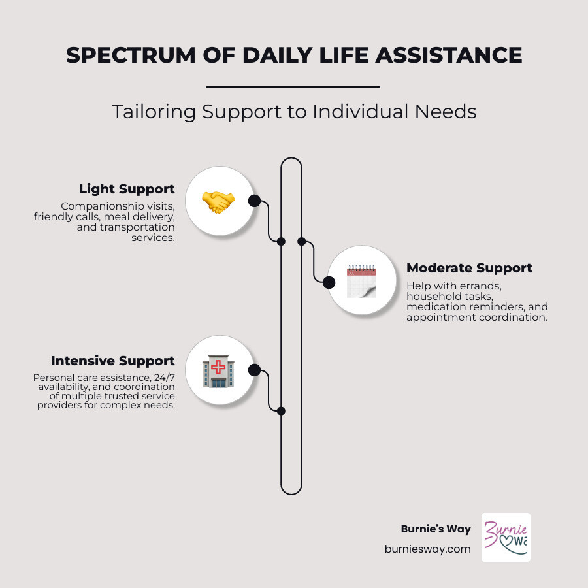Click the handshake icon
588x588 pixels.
coord(218,201)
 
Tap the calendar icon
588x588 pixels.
coord(361,281)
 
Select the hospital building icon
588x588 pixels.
coord(218,371)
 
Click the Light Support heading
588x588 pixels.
coord(127,189)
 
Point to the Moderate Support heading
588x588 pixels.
coord(469,268)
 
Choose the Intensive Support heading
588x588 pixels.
coord(113,361)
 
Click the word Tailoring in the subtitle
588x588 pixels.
coord(153,111)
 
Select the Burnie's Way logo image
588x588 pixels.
coord(506,537)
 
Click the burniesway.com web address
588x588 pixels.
coord(427,549)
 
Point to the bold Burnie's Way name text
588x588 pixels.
coord(436,529)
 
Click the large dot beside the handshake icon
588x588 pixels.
coord(254,201)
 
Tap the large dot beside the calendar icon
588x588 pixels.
coord(329,282)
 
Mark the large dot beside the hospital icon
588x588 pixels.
coord(255,370)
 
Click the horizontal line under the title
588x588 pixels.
coord(293,86)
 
